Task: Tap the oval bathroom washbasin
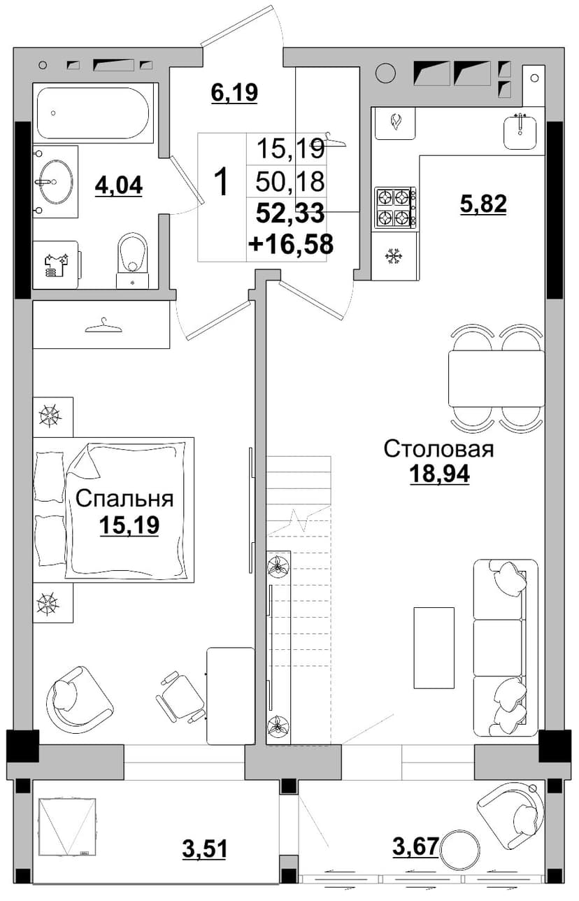click(x=56, y=182)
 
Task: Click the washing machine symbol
click(x=55, y=265)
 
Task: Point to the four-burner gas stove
click(x=395, y=208)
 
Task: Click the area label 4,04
click(x=119, y=186)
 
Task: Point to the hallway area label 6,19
click(x=234, y=93)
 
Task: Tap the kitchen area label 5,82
click(x=483, y=204)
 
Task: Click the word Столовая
click(x=438, y=449)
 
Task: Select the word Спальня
click(x=124, y=499)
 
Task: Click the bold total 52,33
click(x=290, y=213)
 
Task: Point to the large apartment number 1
click(x=222, y=182)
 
